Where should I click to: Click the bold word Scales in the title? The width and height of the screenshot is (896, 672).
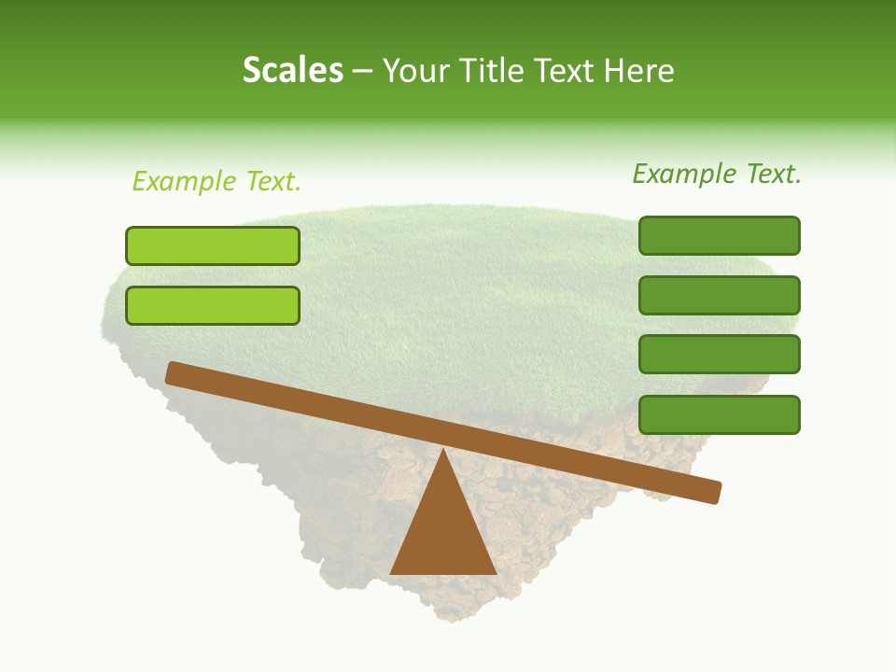click(292, 70)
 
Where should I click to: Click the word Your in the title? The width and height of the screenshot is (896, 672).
click(415, 70)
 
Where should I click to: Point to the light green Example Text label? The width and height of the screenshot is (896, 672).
click(217, 181)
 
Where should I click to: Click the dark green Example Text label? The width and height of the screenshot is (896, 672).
click(717, 174)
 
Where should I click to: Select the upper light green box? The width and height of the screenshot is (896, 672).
click(213, 245)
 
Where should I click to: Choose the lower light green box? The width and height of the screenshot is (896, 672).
click(213, 305)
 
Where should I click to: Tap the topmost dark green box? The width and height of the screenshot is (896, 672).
click(720, 235)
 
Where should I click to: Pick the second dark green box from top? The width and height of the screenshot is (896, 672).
click(720, 295)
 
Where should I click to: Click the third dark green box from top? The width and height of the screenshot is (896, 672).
click(720, 354)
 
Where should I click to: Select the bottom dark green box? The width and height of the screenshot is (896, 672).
click(720, 414)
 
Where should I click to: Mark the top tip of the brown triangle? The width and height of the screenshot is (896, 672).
click(443, 450)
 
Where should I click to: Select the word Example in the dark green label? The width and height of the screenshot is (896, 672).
click(684, 174)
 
